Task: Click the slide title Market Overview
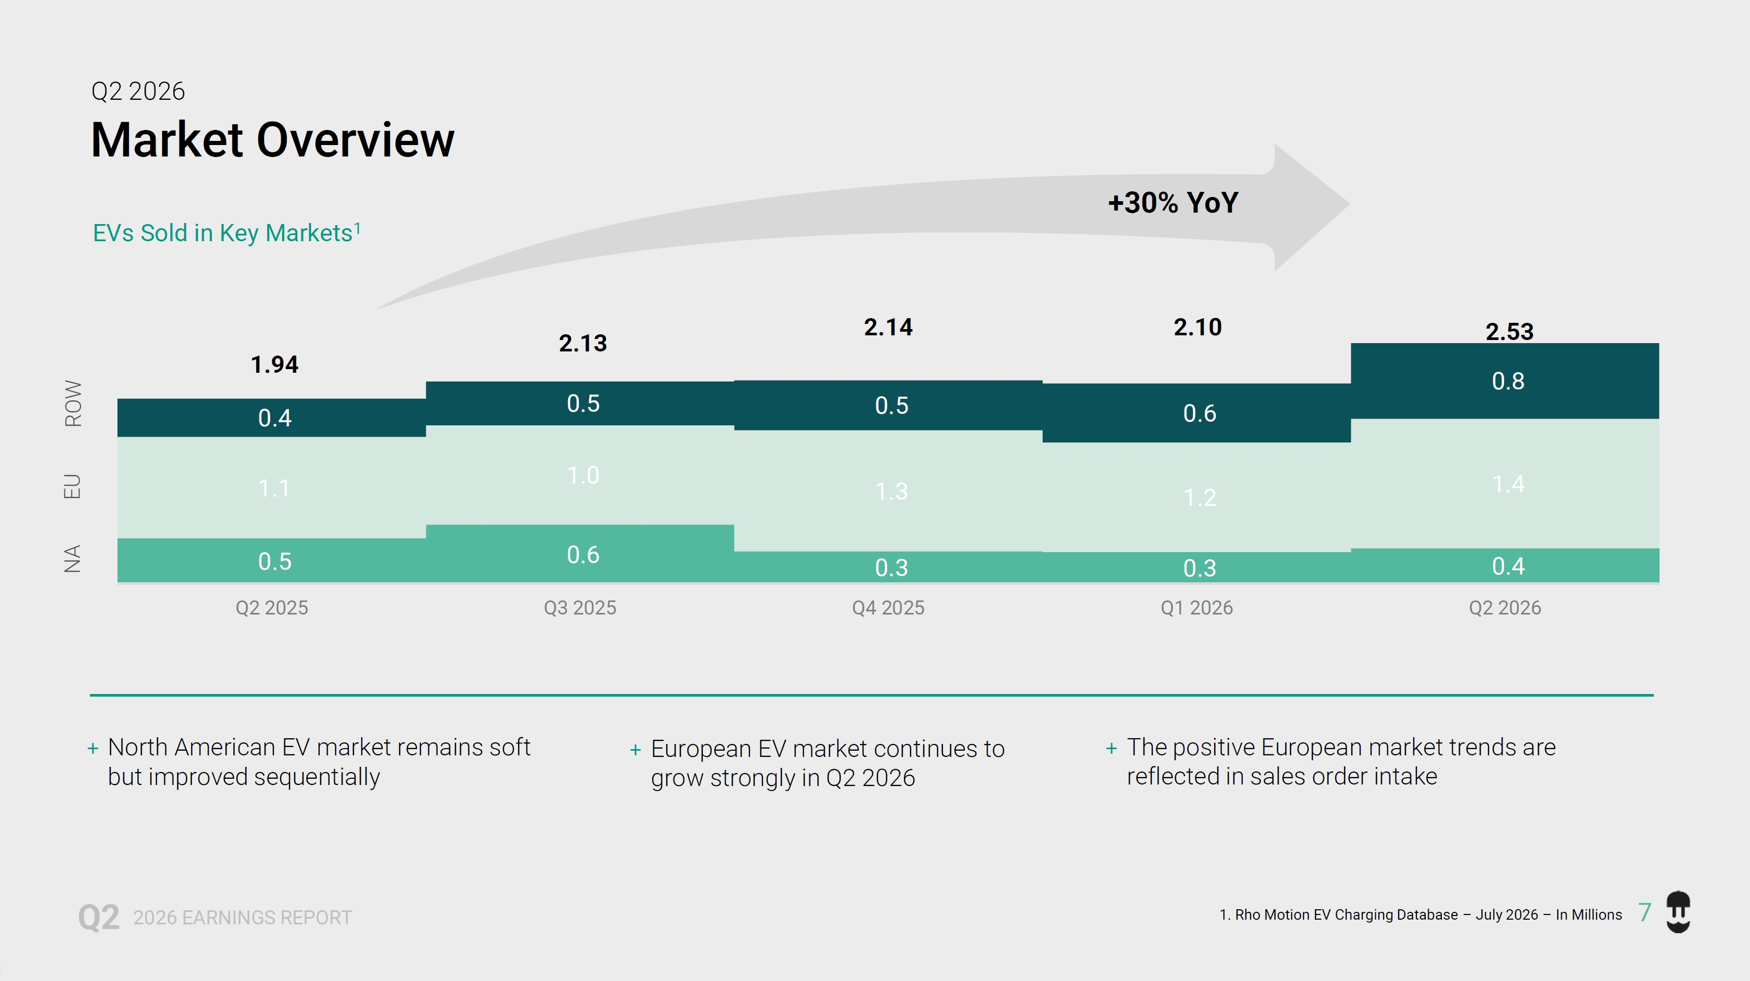click(272, 140)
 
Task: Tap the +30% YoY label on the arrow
click(1173, 202)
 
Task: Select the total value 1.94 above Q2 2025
click(274, 365)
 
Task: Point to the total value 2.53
click(1509, 332)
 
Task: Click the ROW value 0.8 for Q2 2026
click(1508, 381)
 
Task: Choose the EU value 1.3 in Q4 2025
click(891, 491)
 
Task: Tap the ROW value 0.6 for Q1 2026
click(1200, 413)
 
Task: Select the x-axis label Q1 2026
click(1196, 607)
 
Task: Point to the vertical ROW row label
click(73, 403)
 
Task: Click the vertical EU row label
click(72, 487)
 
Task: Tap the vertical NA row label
click(72, 558)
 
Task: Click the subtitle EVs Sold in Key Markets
click(226, 232)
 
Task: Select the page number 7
click(1644, 912)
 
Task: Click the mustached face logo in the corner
click(1679, 912)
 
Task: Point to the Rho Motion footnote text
click(1420, 914)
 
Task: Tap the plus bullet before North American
click(93, 749)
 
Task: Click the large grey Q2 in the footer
click(99, 917)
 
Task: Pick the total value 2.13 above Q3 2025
click(583, 344)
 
